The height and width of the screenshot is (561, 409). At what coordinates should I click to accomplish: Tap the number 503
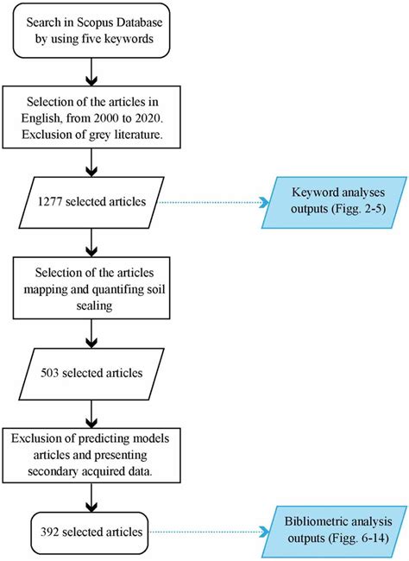tap(53, 372)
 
